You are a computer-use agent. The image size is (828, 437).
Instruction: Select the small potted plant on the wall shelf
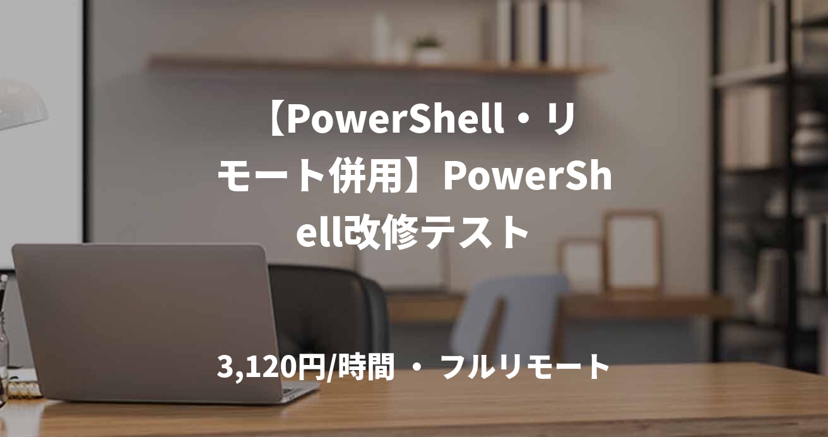(x=429, y=49)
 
